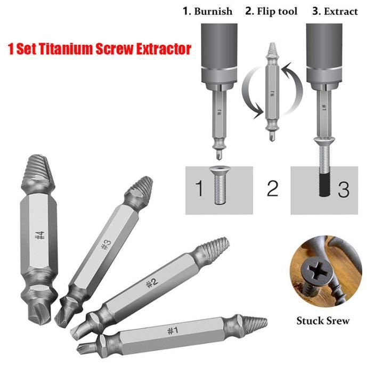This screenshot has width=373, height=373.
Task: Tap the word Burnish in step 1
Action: coord(213,11)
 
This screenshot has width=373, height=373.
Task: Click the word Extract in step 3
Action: coord(339,11)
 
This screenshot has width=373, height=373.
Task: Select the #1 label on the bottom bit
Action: coord(172,331)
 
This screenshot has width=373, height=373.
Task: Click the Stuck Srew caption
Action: coord(323,320)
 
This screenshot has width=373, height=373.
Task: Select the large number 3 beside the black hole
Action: coord(343,189)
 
